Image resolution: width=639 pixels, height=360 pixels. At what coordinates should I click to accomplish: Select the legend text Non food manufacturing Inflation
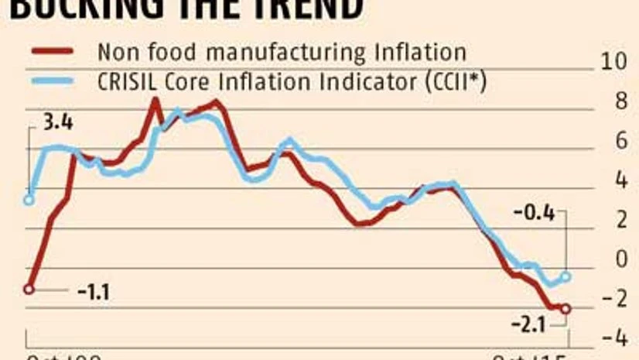282,52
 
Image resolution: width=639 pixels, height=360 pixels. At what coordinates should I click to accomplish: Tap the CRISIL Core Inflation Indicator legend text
292,81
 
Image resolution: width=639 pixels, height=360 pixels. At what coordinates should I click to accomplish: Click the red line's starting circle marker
29,289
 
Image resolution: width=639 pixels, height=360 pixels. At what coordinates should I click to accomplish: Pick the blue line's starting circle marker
29,200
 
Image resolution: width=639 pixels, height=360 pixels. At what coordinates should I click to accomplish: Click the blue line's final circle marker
566,276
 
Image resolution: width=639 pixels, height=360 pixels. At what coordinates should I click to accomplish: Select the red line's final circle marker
566,309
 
